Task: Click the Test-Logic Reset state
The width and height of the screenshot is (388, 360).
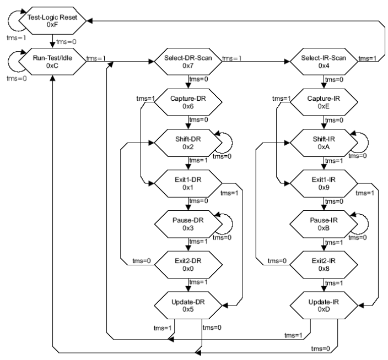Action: [53, 21]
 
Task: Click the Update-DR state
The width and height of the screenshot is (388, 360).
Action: [189, 303]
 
